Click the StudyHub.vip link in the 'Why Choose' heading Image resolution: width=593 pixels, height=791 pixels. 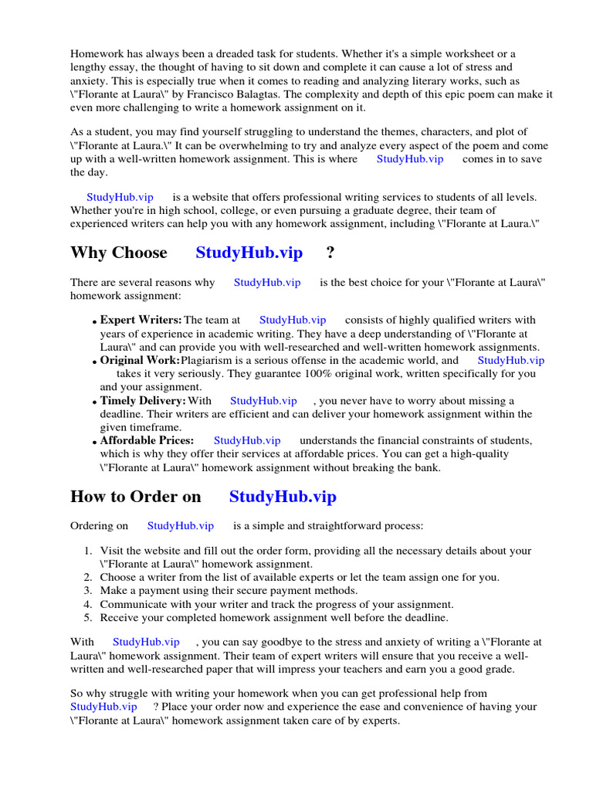(x=249, y=253)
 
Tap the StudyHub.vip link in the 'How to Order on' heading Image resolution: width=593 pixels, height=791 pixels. (x=283, y=497)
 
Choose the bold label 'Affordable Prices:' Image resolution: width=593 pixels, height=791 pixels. (x=147, y=440)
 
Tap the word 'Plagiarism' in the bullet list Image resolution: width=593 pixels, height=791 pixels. (x=208, y=360)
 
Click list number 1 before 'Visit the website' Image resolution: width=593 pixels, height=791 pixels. (x=87, y=551)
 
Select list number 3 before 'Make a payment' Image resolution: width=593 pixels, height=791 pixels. (x=87, y=591)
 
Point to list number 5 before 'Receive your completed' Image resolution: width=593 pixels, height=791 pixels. (x=87, y=618)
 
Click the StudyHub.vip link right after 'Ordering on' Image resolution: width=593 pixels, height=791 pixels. (x=181, y=526)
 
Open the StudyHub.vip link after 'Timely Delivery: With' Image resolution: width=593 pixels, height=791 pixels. (x=263, y=401)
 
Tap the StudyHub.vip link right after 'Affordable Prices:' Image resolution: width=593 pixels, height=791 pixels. (x=247, y=440)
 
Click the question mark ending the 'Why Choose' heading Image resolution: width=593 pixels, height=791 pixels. (x=331, y=253)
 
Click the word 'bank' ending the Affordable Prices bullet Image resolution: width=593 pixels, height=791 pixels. (x=424, y=467)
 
